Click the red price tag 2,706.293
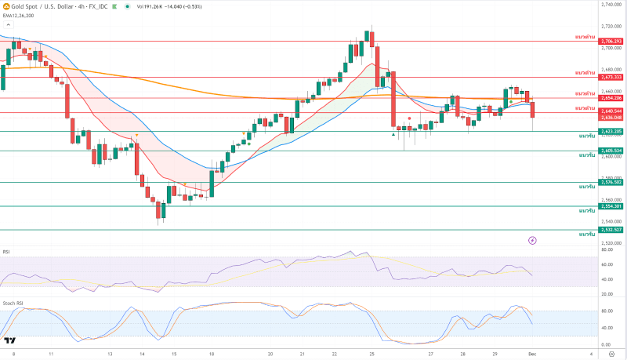(x=611, y=41)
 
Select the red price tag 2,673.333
(x=611, y=77)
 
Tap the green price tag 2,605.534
(x=611, y=151)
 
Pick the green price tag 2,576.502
(x=611, y=182)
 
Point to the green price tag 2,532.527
(x=611, y=230)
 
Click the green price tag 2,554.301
(x=611, y=206)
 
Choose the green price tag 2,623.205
(x=611, y=131)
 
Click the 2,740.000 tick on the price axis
(x=611, y=5)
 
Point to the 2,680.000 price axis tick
(x=611, y=69)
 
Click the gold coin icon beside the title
(x=5, y=6)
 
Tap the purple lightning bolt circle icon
(x=533, y=239)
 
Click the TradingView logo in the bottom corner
(x=10, y=340)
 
